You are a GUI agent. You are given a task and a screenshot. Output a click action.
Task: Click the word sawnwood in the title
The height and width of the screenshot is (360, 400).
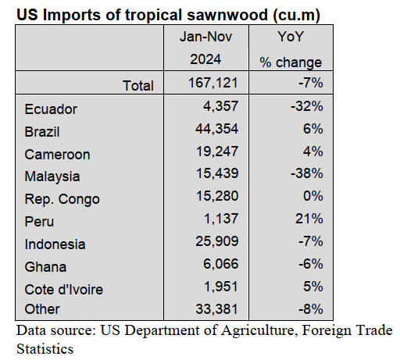(227, 15)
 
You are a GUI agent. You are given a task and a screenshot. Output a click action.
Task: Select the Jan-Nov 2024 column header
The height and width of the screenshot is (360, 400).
(205, 48)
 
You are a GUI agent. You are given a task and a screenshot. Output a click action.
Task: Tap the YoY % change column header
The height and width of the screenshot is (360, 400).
(291, 49)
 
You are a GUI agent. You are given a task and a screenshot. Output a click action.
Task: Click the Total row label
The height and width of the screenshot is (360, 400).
(138, 86)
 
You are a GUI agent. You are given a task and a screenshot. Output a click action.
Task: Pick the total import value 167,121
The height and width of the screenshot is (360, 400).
(213, 83)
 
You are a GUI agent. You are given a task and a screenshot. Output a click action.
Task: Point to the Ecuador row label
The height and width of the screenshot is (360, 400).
(51, 109)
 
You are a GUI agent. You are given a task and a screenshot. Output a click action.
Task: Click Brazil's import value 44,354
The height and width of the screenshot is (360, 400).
(217, 129)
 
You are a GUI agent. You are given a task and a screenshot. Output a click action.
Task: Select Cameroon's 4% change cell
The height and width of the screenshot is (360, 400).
(312, 151)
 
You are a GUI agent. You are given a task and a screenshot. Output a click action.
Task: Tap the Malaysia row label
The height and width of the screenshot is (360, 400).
(52, 176)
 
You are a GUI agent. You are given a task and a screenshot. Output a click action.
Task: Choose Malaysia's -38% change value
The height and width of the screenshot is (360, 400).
(307, 173)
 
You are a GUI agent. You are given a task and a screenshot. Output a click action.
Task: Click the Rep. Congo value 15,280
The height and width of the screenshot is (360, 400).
(217, 196)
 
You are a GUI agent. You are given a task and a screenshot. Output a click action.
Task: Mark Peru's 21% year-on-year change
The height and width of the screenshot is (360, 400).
(309, 219)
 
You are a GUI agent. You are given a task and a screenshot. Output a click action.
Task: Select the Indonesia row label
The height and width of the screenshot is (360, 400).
(55, 244)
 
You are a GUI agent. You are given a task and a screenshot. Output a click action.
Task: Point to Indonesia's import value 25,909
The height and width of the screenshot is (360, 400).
(217, 241)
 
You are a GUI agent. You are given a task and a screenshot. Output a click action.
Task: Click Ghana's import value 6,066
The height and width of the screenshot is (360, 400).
(220, 264)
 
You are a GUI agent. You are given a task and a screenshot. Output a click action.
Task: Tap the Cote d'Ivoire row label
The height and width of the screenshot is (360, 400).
(64, 290)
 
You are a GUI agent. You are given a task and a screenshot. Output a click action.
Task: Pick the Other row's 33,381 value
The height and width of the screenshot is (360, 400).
(217, 309)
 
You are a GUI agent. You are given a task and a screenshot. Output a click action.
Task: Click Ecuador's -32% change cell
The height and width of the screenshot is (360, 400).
(307, 106)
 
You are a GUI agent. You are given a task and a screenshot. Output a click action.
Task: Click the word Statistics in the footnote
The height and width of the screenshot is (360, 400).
(45, 349)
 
